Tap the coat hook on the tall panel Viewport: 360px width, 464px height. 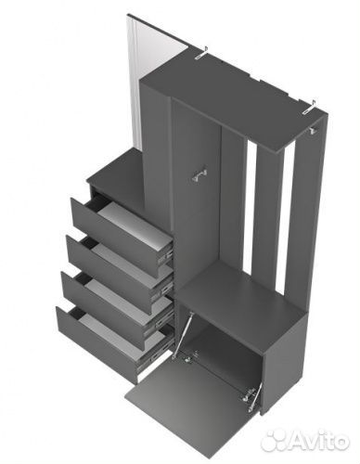[x=199, y=175]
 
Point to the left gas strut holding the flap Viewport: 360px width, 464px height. [x=183, y=335]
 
